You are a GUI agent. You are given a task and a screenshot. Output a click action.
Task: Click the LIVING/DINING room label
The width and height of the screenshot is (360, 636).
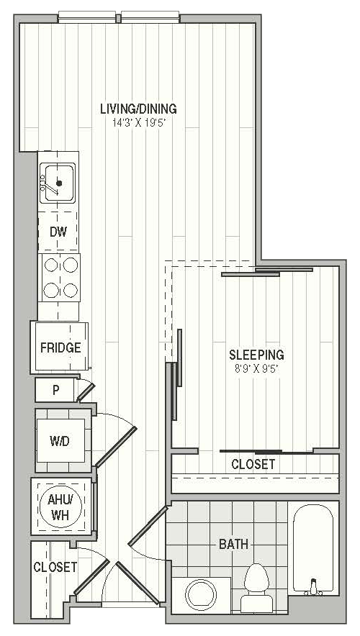(138, 109)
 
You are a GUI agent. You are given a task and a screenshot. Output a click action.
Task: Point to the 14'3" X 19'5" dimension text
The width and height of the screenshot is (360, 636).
(140, 123)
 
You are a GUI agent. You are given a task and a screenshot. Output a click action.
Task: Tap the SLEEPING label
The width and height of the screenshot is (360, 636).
(256, 355)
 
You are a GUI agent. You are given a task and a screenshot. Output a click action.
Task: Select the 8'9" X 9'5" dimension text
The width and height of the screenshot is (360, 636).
(256, 369)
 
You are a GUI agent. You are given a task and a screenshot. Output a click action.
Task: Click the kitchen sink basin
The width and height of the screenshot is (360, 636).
(59, 183)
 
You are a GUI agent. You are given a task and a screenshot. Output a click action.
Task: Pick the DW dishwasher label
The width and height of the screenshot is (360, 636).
(58, 232)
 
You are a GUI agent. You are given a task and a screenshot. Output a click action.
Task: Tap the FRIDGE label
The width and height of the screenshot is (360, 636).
(60, 347)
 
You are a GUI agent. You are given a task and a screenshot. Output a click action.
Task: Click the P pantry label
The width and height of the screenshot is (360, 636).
(56, 390)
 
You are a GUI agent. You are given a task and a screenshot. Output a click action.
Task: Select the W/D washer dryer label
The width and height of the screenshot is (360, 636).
(60, 441)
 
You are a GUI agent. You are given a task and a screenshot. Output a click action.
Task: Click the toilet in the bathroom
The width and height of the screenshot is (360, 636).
(256, 588)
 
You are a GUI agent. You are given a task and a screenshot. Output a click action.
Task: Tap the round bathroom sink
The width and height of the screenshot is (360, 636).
(201, 594)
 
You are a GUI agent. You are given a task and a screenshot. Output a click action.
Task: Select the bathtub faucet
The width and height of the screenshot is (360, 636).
(313, 587)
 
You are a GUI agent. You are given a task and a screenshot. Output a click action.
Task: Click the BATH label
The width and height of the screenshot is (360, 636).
(233, 545)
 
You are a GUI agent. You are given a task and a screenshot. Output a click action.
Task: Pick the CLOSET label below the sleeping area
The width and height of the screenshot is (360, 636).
(253, 464)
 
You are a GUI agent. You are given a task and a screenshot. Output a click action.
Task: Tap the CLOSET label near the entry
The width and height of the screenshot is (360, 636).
(55, 567)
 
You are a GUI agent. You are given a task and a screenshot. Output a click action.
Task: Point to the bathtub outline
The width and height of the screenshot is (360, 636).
(313, 548)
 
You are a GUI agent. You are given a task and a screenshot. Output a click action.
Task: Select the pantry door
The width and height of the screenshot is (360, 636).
(86, 392)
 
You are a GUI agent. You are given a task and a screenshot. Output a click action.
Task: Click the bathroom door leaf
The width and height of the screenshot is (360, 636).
(148, 526)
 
